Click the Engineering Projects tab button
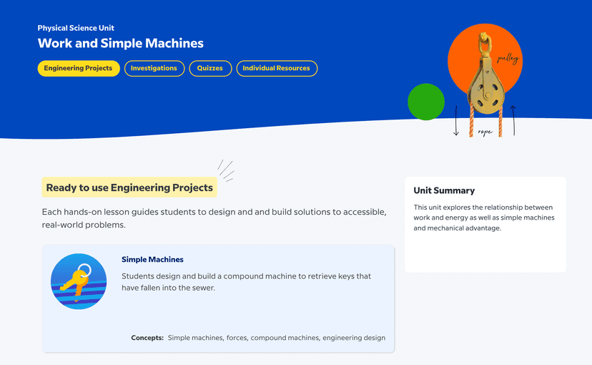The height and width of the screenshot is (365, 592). coord(79,69)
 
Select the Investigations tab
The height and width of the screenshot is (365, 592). coord(154,69)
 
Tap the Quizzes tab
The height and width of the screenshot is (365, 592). coord(210,69)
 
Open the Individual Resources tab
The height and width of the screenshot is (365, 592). coord(277,69)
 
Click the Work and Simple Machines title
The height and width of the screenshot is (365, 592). coord(120,43)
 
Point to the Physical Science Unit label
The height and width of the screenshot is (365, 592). coord(76,28)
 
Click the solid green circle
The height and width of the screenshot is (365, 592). coord(426,102)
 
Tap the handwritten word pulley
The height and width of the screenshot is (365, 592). coord(508,59)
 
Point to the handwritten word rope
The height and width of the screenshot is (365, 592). coord(485,132)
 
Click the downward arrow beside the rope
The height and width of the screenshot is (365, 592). coord(456,120)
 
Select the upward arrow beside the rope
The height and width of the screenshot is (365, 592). coord(513,120)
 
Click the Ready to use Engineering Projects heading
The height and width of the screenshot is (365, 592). coord(129,188)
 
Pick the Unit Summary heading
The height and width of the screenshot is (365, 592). coord(444,190)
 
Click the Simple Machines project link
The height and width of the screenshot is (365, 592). coord(152,260)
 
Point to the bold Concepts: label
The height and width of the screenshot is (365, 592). coord(147,338)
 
